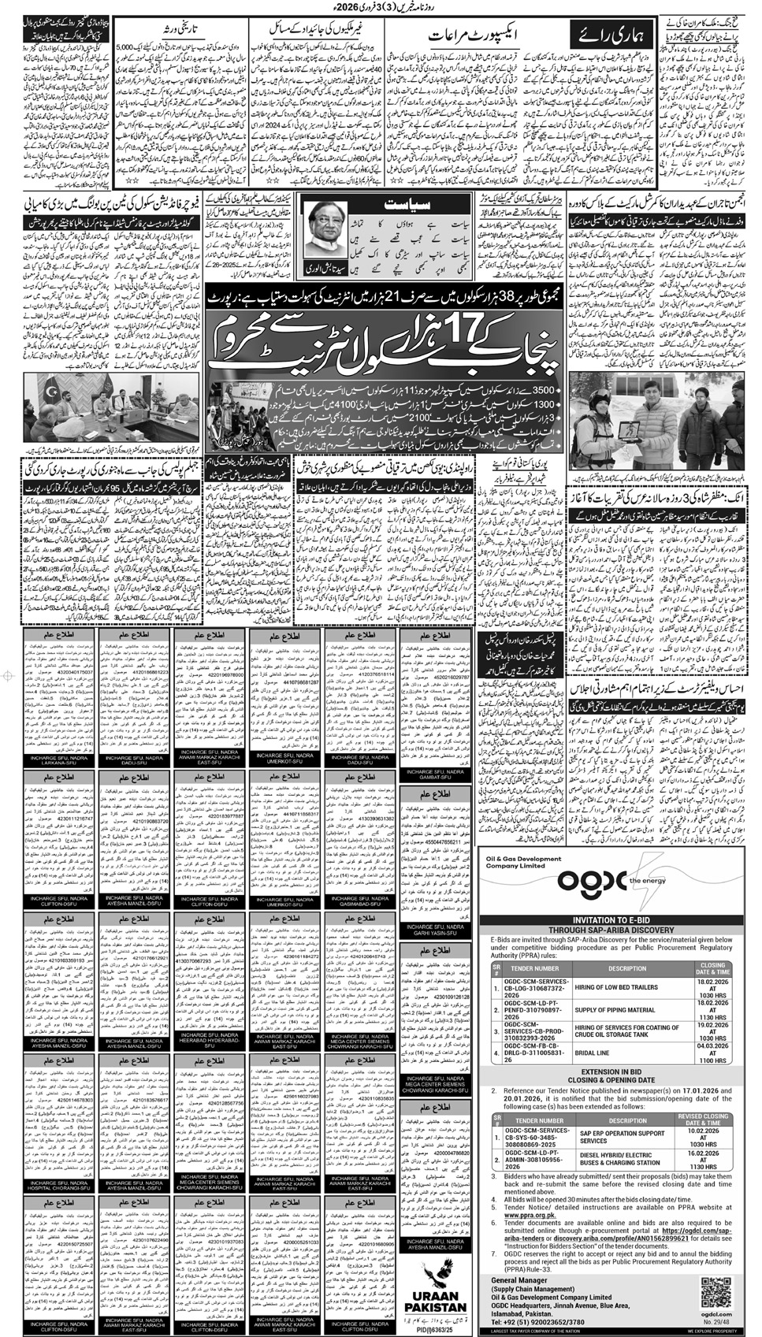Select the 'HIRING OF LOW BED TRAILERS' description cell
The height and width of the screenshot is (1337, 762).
tap(627, 987)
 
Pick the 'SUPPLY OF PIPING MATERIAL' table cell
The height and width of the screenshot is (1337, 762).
tap(627, 1009)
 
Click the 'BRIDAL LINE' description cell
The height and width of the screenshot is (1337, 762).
tap(627, 1052)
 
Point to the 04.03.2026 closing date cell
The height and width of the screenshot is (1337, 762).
tap(712, 1052)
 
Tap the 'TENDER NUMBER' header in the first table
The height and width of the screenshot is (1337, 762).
tap(536, 967)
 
